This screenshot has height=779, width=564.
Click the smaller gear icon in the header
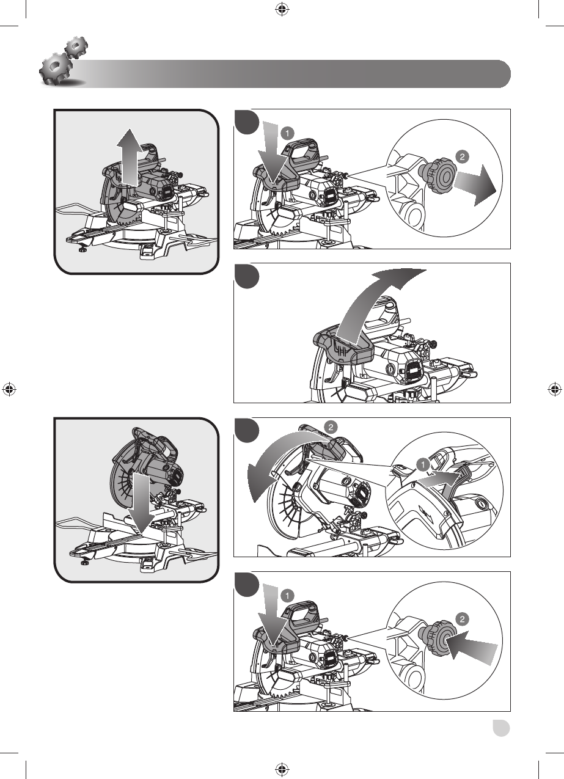click(x=76, y=46)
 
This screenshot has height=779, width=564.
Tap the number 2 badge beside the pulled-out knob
click(x=462, y=157)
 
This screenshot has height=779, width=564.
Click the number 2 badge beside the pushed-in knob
click(x=462, y=620)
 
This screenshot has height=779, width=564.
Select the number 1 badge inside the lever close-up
click(x=423, y=464)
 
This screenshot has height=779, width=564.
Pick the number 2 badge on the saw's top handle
click(x=331, y=427)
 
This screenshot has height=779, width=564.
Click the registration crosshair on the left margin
click(x=9, y=389)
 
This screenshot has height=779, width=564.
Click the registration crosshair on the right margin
click(x=554, y=389)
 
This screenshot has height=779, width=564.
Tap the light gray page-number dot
click(x=501, y=728)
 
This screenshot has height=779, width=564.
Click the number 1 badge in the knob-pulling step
click(x=287, y=133)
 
